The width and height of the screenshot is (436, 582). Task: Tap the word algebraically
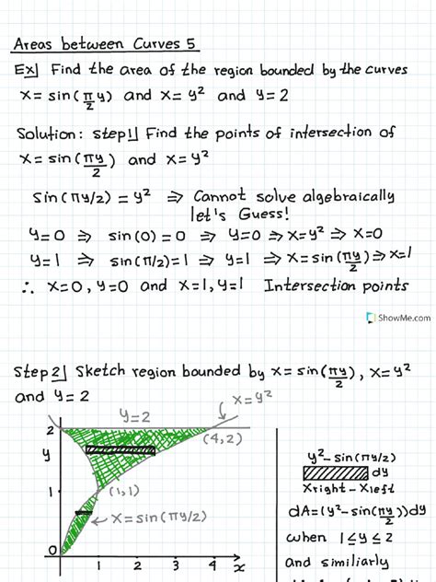[x=341, y=195]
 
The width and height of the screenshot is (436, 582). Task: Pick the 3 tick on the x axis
[x=176, y=564]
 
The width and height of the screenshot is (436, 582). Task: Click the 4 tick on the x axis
[x=212, y=564]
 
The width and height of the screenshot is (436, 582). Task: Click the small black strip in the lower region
[x=84, y=512]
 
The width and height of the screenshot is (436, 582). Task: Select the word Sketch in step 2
[x=105, y=372]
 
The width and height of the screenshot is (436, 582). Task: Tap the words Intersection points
[x=335, y=285]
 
